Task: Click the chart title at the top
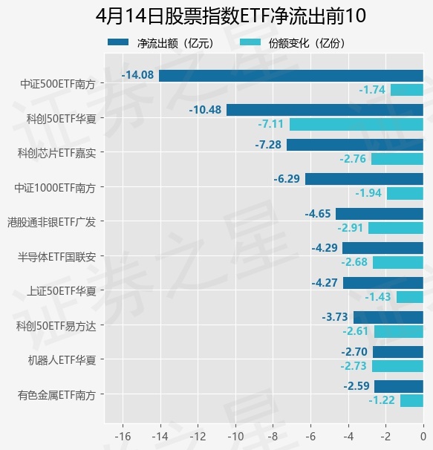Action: point(230,16)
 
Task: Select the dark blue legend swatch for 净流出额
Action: point(118,42)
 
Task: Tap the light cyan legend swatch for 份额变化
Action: point(250,42)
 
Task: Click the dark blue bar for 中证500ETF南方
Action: point(291,76)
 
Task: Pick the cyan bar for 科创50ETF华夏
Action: point(357,125)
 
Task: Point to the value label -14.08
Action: point(138,75)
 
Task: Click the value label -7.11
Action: point(271,124)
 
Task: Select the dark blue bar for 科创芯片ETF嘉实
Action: point(355,145)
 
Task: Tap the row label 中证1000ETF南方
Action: point(55,188)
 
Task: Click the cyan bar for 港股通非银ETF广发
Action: point(396,228)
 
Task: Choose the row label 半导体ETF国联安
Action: point(57,257)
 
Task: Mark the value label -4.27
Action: point(325,283)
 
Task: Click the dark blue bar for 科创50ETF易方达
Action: point(388,317)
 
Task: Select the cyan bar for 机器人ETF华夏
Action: point(397,366)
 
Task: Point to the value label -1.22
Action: point(382,400)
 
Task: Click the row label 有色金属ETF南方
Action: point(56,395)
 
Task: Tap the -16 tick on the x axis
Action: point(123,437)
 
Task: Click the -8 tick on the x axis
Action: point(273,437)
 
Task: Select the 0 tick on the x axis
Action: point(423,437)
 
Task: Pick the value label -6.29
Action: point(287,179)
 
